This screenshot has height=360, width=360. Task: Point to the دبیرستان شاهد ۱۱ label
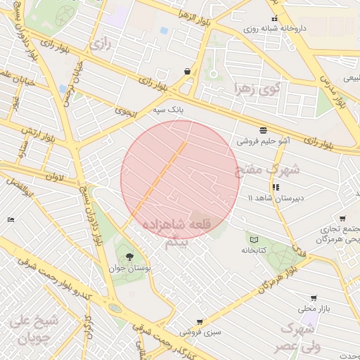coord(278,198)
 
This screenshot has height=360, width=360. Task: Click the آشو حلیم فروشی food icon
coord(263,130)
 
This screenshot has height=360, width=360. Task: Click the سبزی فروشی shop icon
coord(199,321)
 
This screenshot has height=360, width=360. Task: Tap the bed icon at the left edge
coord(10,220)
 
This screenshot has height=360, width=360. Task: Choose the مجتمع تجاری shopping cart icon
coord(342,218)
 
